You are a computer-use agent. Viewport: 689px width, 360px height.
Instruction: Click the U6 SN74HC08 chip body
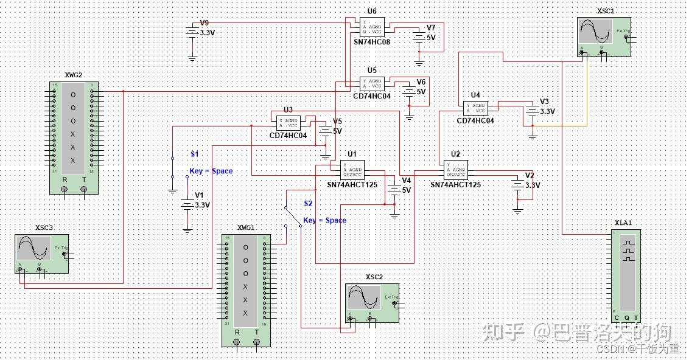[372, 27]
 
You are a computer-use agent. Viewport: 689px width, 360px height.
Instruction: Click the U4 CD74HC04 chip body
[475, 108]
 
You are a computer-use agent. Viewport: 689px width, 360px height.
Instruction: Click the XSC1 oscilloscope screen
[596, 31]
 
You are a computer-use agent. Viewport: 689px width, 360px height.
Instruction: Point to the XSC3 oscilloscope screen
[34, 248]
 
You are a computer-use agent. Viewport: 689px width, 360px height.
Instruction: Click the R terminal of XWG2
[64, 190]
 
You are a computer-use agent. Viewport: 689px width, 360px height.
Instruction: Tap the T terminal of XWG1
[256, 342]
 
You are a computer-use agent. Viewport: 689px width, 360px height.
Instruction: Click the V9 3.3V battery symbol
[192, 32]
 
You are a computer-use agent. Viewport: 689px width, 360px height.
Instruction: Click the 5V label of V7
[431, 37]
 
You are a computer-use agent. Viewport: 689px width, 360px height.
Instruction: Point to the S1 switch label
[194, 154]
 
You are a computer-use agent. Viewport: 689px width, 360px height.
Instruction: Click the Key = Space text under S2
[324, 220]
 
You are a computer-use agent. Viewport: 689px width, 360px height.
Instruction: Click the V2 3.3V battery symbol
[517, 185]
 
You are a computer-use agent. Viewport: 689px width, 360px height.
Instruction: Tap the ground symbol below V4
[394, 215]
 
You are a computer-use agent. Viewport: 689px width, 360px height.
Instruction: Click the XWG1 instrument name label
[246, 227]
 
